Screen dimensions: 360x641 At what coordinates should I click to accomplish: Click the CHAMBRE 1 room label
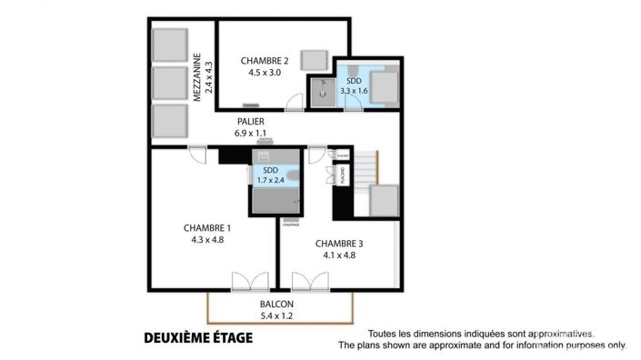coord(206,227)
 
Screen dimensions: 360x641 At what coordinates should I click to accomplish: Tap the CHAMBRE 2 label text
coord(265,61)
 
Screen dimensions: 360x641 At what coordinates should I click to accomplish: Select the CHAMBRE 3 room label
coord(339,243)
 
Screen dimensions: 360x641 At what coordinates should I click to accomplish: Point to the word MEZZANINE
coord(197,77)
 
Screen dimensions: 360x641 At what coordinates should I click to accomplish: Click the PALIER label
coord(251,121)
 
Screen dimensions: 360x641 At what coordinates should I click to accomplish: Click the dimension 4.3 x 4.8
coord(207,240)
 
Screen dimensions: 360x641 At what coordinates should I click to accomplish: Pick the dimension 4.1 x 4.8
coord(339,255)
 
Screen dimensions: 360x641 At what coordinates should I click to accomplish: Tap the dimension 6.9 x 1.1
coord(251,133)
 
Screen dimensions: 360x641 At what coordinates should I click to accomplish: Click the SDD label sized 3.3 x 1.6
coord(354,80)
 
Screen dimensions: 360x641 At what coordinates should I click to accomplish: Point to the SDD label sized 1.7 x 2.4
coord(270,169)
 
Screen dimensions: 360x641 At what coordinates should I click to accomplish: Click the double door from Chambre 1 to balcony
coord(246,281)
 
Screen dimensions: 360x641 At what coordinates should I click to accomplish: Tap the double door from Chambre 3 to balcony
coord(307,281)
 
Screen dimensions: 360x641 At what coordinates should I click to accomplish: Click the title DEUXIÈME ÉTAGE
coord(198,338)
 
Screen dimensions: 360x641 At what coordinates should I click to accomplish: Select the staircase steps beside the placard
coord(364,167)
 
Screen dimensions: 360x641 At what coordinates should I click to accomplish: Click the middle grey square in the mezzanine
coord(169,81)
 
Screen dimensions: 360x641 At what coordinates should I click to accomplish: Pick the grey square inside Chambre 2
coord(315,58)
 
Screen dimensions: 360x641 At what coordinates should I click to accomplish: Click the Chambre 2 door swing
coord(295,104)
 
